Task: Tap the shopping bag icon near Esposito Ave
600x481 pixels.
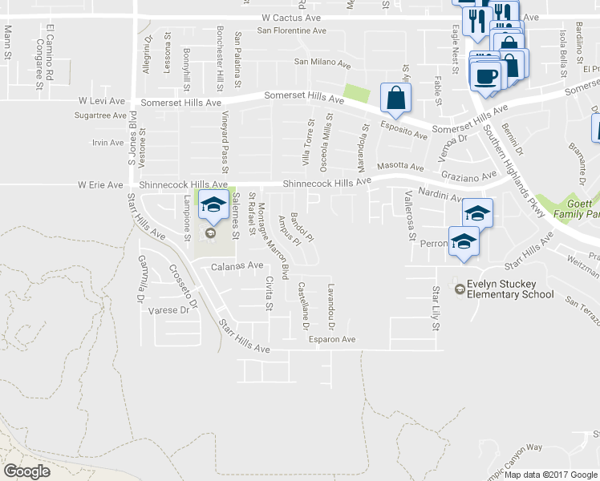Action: point(396,98)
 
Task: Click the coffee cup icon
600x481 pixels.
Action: point(486,76)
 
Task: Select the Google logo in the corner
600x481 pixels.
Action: point(26,471)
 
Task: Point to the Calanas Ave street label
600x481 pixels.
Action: point(237,265)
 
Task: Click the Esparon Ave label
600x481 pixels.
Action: point(332,339)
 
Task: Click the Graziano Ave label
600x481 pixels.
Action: point(464,176)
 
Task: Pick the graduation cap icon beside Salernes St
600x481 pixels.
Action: point(213,205)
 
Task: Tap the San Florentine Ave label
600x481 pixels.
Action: point(292,31)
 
